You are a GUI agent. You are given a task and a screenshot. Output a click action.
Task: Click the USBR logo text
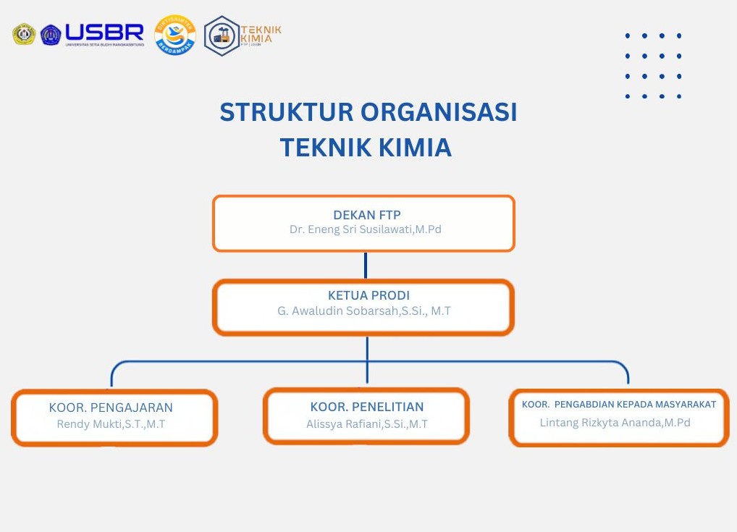(x=104, y=32)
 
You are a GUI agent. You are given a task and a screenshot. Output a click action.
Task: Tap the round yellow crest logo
(x=24, y=34)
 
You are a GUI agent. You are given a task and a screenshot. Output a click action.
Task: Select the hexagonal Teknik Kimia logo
(x=222, y=35)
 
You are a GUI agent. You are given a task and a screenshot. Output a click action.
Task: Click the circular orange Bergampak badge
(x=175, y=35)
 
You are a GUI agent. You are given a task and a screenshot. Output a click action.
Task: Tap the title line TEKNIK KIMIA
(x=366, y=148)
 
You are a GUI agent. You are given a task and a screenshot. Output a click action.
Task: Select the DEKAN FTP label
(x=366, y=215)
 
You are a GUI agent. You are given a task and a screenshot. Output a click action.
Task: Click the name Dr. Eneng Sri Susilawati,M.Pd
(x=366, y=229)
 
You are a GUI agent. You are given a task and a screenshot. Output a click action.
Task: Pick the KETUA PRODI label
(x=368, y=295)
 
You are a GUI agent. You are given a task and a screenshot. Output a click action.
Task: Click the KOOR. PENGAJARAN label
(x=111, y=408)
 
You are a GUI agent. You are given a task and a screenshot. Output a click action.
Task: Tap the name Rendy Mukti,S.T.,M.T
(x=111, y=424)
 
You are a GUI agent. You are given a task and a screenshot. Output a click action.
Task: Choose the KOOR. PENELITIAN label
(x=367, y=407)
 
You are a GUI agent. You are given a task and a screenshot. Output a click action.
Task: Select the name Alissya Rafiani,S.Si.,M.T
(x=367, y=424)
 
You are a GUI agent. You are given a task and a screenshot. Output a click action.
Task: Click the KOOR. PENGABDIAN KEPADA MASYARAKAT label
(x=619, y=405)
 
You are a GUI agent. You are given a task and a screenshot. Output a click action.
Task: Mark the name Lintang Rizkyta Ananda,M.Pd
(x=615, y=423)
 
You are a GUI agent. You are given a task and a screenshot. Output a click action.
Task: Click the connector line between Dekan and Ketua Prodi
(x=366, y=265)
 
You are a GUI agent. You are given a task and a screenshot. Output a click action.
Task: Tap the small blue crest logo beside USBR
(x=51, y=35)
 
